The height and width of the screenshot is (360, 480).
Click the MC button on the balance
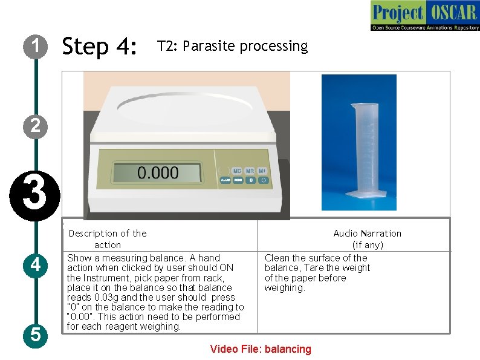(x=237, y=171)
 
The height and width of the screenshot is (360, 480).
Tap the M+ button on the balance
(x=262, y=171)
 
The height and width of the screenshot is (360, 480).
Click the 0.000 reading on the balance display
(x=158, y=173)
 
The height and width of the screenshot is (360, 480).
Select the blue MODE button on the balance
(x=238, y=180)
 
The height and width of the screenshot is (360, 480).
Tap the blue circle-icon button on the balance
(x=263, y=180)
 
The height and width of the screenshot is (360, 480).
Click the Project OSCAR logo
(x=424, y=16)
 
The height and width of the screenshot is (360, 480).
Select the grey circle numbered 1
(x=36, y=46)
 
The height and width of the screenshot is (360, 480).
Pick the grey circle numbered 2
(x=36, y=126)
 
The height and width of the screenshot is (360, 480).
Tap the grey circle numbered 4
(x=36, y=265)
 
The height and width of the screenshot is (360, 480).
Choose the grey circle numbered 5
(x=36, y=335)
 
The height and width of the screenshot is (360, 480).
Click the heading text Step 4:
(x=100, y=46)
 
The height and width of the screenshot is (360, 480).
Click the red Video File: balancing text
(x=261, y=349)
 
